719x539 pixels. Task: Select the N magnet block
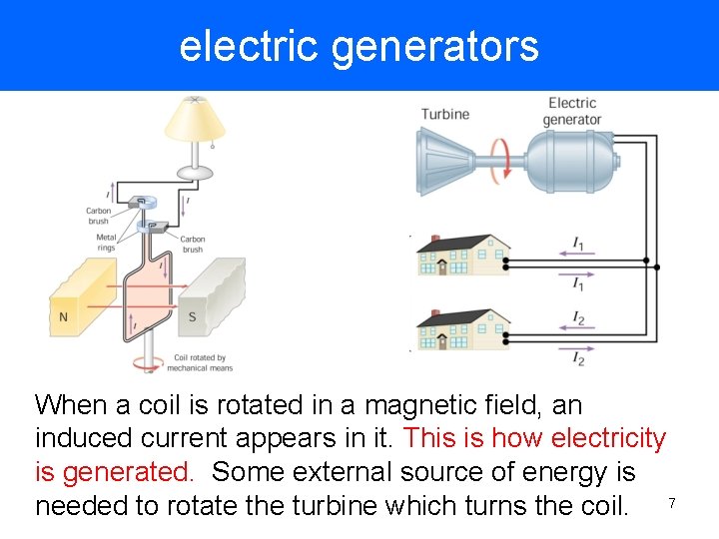tap(80, 295)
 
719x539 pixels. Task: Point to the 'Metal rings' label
tap(105, 242)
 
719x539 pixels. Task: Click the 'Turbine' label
tap(444, 114)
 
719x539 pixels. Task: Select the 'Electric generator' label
tap(572, 111)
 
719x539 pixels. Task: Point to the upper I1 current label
tap(578, 243)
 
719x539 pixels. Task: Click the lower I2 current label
tap(578, 357)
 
